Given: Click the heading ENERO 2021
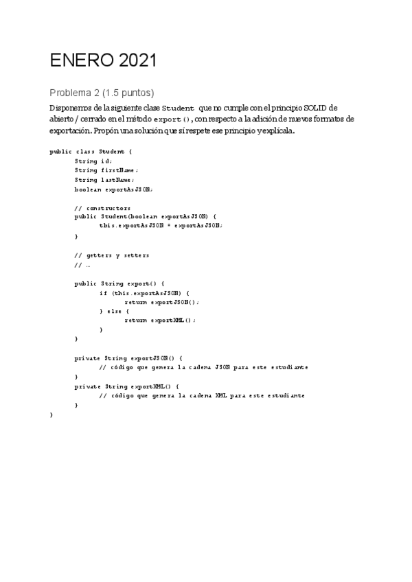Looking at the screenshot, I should click(x=103, y=61).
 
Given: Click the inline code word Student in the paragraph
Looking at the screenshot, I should click(x=178, y=108).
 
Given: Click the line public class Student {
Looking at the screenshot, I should click(x=91, y=151).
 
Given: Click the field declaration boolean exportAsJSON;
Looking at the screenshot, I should click(x=114, y=189).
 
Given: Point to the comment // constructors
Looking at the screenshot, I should click(x=103, y=208).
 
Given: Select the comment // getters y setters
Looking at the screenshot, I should click(x=112, y=255).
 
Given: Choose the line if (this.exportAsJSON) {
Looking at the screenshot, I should click(x=145, y=292).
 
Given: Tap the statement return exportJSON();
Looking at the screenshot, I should click(x=165, y=302).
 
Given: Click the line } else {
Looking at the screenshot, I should click(x=115, y=311).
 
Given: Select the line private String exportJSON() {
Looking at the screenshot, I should click(x=128, y=358).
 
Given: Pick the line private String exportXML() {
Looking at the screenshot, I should click(x=126, y=386).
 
